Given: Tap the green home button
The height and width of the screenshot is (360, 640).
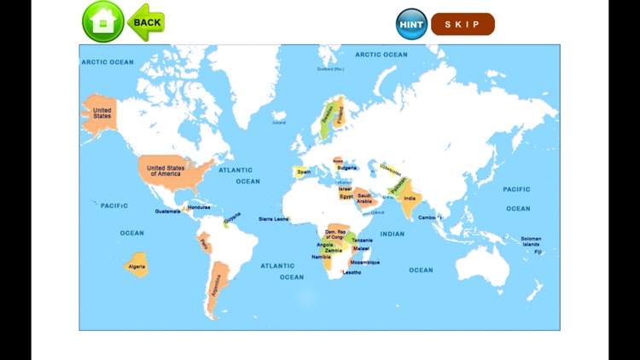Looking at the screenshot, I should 102,22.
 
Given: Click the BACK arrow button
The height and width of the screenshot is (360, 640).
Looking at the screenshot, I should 146,22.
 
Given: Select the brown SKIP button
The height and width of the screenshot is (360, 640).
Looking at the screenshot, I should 463,24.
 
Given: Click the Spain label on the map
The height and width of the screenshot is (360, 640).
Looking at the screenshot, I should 304,171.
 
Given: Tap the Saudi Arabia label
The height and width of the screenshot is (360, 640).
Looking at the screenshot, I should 364,198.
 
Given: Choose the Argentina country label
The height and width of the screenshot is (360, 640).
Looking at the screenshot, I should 215,285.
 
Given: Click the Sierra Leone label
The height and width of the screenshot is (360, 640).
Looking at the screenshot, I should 274,219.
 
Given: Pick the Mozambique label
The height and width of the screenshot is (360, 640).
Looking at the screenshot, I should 364,262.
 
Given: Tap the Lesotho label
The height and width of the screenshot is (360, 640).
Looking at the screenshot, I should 352,272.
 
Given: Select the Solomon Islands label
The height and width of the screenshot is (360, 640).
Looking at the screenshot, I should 531,241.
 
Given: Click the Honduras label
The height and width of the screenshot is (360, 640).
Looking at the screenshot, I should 199,207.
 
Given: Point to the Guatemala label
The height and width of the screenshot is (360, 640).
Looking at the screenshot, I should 167,211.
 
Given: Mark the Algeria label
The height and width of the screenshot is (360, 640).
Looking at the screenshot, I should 137,266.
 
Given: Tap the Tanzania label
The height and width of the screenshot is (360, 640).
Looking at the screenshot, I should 362,240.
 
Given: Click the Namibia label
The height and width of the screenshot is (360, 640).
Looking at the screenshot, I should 321,256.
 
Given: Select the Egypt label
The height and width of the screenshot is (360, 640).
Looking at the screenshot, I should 346,196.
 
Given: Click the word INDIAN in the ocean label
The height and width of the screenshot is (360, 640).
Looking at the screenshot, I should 393,234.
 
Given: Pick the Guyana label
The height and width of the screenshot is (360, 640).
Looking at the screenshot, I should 231,219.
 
